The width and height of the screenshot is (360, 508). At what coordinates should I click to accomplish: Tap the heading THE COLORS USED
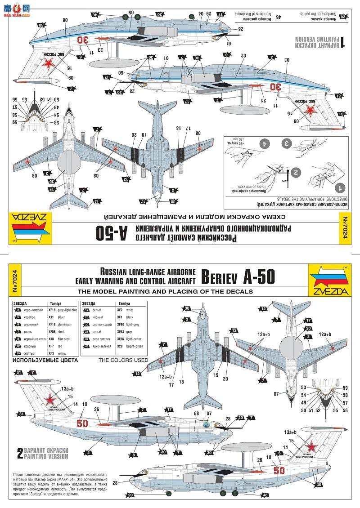[123, 360]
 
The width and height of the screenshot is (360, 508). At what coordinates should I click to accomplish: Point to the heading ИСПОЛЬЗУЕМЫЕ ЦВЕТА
[45, 360]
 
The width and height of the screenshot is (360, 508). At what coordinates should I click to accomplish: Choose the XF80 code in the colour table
[120, 324]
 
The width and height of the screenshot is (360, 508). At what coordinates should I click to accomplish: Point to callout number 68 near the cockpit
[196, 414]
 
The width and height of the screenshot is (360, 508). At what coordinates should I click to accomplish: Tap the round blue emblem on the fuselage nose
[207, 424]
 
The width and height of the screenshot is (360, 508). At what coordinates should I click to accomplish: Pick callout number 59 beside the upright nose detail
[345, 388]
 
